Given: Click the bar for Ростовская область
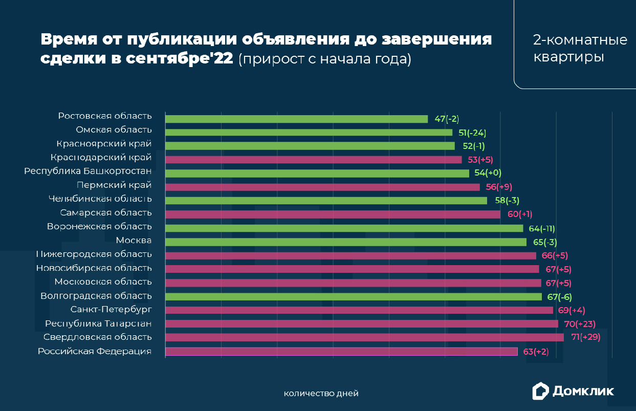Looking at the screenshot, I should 296,119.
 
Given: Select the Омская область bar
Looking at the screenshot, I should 309,133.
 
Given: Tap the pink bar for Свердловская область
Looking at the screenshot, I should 364,337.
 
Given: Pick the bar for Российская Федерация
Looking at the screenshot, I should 341,351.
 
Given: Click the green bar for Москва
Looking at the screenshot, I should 345,242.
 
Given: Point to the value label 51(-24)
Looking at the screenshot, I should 472,133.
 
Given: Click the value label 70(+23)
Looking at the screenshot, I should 580,323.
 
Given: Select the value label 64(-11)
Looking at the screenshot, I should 542,228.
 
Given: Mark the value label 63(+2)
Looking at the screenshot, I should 536,351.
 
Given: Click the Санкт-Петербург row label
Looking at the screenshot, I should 111,309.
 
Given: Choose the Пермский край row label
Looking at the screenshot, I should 114,185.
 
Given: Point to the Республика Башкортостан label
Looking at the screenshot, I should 88,171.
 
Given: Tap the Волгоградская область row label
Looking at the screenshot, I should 96,295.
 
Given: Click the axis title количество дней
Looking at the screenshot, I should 321,393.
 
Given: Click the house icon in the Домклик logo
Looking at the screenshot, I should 540,391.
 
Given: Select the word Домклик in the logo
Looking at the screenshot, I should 583,392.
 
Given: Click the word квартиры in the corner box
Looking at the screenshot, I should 568,57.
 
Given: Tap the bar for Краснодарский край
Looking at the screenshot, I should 313,160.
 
